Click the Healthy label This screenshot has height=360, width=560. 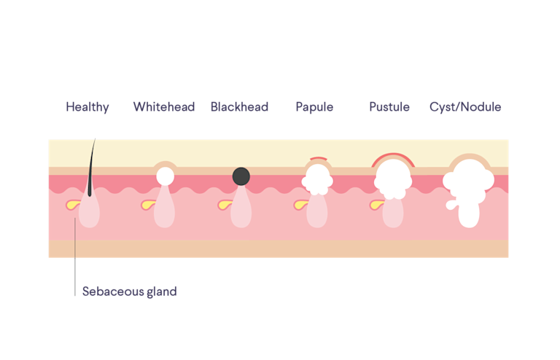click(87, 107)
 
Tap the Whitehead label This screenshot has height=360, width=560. click(164, 107)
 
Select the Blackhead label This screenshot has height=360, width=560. click(239, 107)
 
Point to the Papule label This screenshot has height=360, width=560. click(314, 107)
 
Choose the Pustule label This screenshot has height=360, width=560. click(389, 107)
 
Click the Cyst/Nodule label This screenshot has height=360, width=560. click(465, 107)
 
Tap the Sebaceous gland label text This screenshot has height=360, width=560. click(129, 291)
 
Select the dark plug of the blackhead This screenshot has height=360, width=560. click(241, 176)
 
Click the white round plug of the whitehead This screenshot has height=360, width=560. click(166, 176)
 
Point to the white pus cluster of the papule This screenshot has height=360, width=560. click(318, 179)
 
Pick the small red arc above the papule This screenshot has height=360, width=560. click(318, 159)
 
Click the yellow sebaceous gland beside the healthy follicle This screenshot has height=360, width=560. click(71, 204)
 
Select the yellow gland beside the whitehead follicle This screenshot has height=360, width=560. click(148, 205)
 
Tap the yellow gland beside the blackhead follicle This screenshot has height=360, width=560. click(225, 205)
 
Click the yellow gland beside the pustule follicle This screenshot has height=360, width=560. click(376, 205)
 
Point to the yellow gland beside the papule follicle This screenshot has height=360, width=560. click(300, 205)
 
